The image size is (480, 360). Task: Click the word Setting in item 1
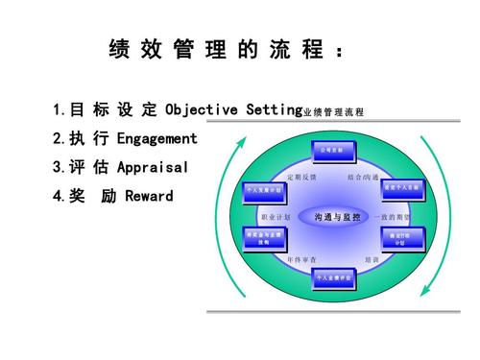point(270,108)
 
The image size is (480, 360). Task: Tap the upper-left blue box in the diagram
point(262,191)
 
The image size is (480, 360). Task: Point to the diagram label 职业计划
point(275,218)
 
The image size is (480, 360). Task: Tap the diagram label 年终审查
point(302,258)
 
